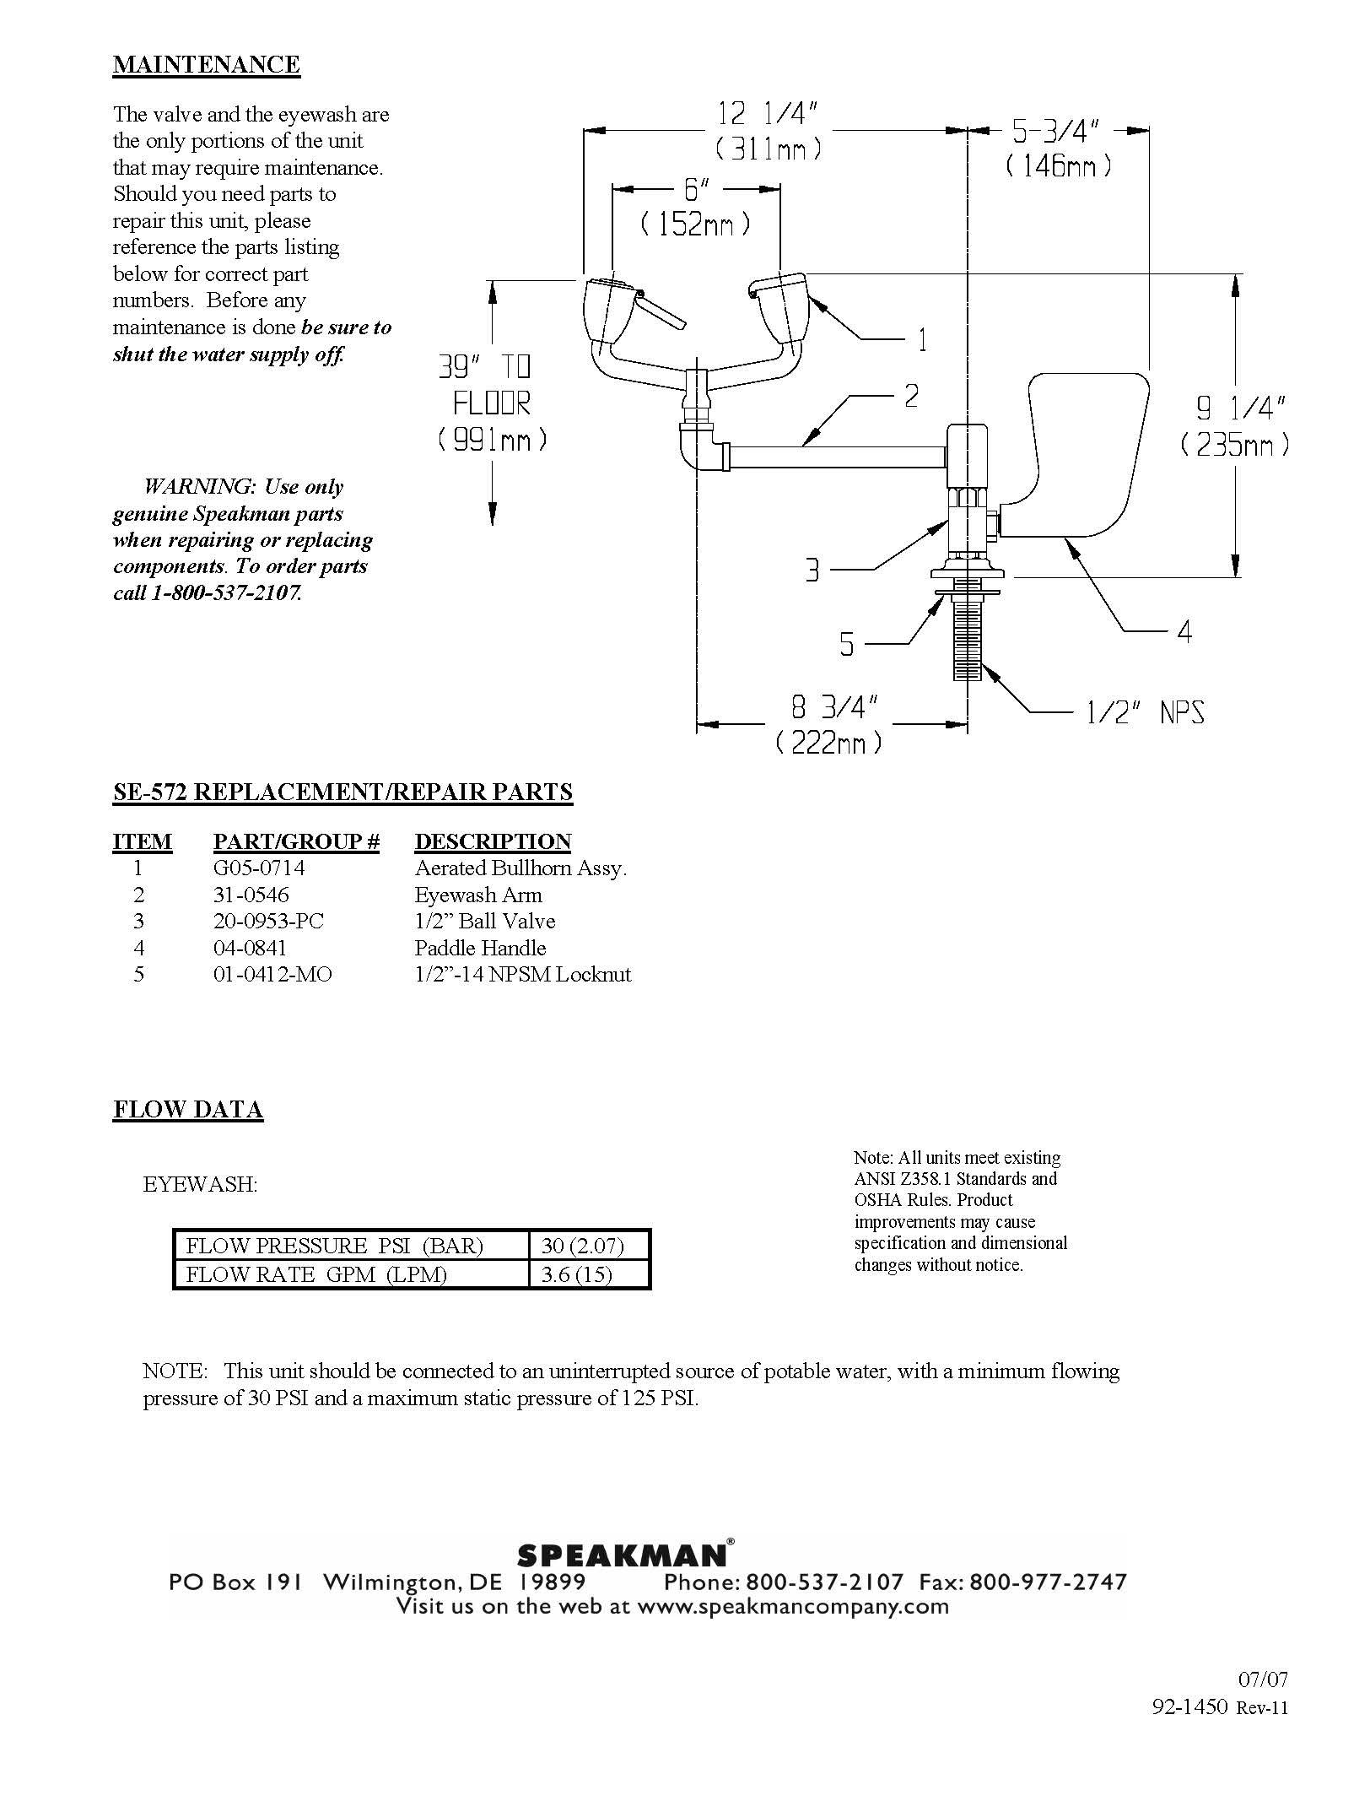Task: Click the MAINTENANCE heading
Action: tap(206, 65)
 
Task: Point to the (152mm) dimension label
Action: tap(695, 224)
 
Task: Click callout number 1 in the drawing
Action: tap(922, 340)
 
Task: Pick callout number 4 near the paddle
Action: tap(1184, 631)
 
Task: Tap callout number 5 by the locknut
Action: tap(846, 645)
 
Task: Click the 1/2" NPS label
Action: tap(1144, 713)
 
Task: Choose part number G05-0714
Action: tap(259, 868)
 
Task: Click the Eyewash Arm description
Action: tap(478, 895)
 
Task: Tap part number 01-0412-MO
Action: tap(272, 975)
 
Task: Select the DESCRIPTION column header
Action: tap(493, 841)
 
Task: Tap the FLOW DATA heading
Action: tap(188, 1109)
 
